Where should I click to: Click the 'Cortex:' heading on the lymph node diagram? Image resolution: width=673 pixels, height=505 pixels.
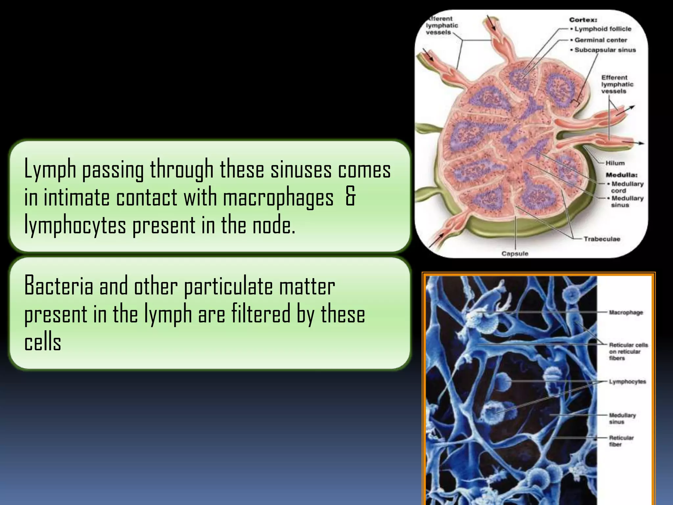pos(583,20)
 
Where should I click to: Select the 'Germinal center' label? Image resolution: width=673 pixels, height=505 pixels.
pos(601,40)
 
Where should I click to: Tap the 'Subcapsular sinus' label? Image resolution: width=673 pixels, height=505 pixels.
pos(605,50)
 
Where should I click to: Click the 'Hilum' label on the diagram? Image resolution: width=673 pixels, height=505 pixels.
pos(615,163)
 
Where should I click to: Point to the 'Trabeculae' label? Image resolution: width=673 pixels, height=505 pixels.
pos(602,239)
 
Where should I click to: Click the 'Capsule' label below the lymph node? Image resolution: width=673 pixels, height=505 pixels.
pos(515,253)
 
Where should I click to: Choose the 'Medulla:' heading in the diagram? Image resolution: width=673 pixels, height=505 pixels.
pos(621,175)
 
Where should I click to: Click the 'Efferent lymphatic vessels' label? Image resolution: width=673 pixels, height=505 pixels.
pos(617,84)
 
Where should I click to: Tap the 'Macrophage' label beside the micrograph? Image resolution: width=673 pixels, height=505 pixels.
pos(626,312)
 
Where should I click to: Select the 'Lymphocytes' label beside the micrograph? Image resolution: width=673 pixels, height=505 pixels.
pos(627,382)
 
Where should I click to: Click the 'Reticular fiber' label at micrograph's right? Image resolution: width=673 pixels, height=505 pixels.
pos(621,441)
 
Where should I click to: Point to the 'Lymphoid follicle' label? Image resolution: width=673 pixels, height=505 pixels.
pos(603,29)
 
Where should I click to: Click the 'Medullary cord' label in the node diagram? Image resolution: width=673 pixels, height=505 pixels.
pos(627,187)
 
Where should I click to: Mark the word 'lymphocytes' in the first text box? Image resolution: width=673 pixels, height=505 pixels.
pos(75,226)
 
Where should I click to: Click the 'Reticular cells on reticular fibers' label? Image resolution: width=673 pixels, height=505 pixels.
pos(628,351)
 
